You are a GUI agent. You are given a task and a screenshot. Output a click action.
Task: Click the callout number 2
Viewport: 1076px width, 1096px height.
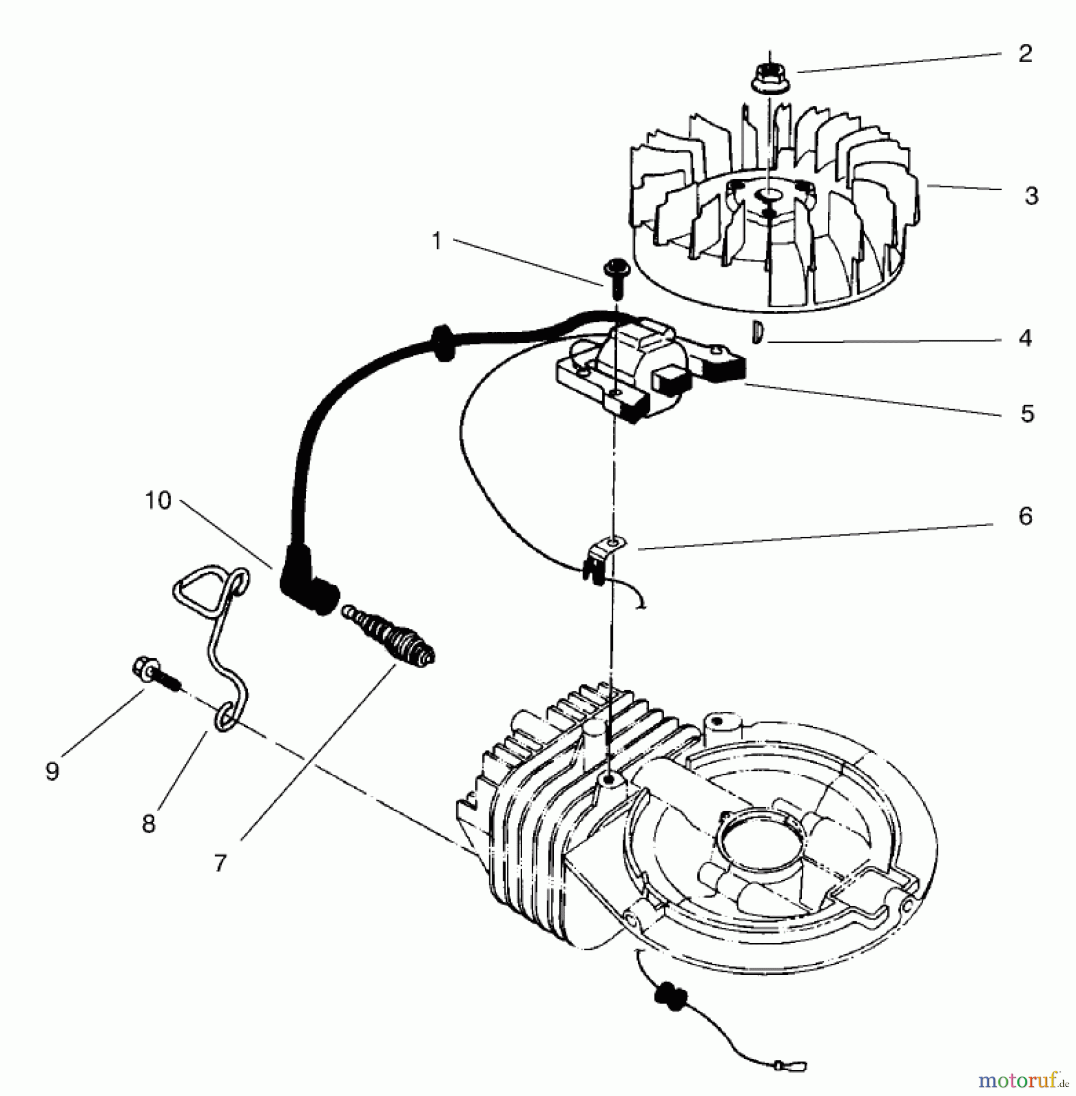click(1025, 54)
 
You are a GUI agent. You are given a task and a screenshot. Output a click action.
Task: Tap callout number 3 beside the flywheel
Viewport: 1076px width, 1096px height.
click(1031, 196)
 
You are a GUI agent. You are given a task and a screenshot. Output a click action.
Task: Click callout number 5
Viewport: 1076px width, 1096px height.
click(1027, 414)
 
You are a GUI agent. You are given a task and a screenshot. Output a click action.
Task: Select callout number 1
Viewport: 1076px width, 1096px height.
click(436, 241)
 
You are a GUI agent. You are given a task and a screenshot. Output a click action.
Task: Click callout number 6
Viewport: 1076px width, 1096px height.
click(1025, 516)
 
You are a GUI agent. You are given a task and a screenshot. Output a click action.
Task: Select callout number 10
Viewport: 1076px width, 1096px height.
click(158, 501)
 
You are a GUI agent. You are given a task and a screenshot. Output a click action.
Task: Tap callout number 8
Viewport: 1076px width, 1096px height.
click(149, 824)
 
